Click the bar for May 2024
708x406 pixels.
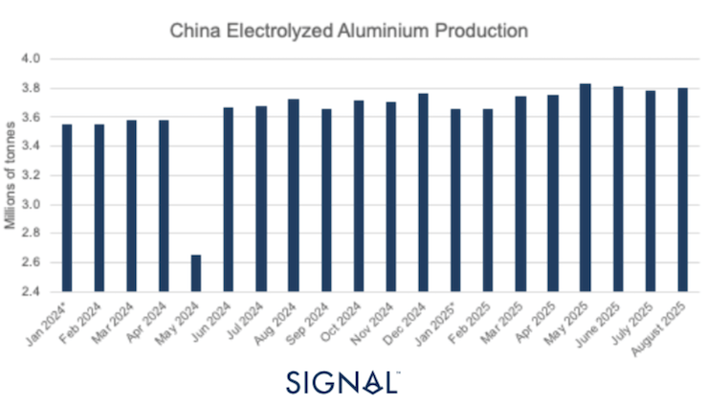click(195, 273)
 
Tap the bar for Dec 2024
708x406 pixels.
click(423, 192)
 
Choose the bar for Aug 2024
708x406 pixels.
click(293, 195)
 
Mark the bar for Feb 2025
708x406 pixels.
click(488, 200)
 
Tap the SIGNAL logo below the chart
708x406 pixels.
click(343, 380)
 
